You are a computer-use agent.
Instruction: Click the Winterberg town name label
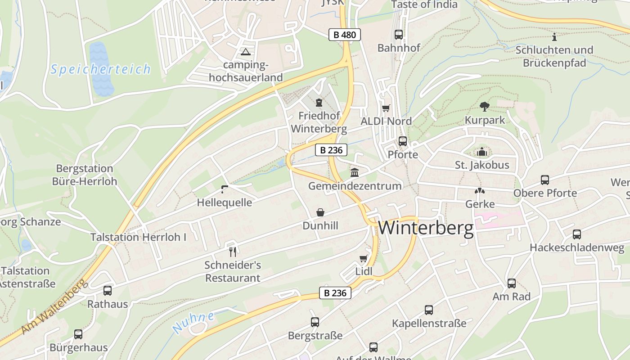[426, 228]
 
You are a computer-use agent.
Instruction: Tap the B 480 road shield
[345, 35]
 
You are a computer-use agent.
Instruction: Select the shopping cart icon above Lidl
[363, 258]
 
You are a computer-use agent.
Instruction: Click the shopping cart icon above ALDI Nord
[386, 108]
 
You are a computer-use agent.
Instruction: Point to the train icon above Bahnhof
[398, 34]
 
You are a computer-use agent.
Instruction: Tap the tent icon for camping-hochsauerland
[245, 52]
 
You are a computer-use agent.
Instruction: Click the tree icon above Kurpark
[485, 107]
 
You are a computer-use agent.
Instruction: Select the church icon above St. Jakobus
[482, 152]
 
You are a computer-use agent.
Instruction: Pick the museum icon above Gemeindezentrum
[355, 172]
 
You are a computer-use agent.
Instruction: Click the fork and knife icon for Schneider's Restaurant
[233, 252]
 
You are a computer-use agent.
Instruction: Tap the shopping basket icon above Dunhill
[320, 212]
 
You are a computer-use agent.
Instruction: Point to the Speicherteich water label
[100, 69]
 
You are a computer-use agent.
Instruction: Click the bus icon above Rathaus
[107, 291]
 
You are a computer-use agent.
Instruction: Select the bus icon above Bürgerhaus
[78, 334]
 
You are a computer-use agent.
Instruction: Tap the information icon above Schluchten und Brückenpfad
[554, 37]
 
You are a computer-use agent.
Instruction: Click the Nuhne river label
[193, 323]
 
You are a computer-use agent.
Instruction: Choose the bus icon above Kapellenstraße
[429, 310]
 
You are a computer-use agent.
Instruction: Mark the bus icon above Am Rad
[512, 283]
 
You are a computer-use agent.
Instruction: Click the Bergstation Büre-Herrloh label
[85, 175]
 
